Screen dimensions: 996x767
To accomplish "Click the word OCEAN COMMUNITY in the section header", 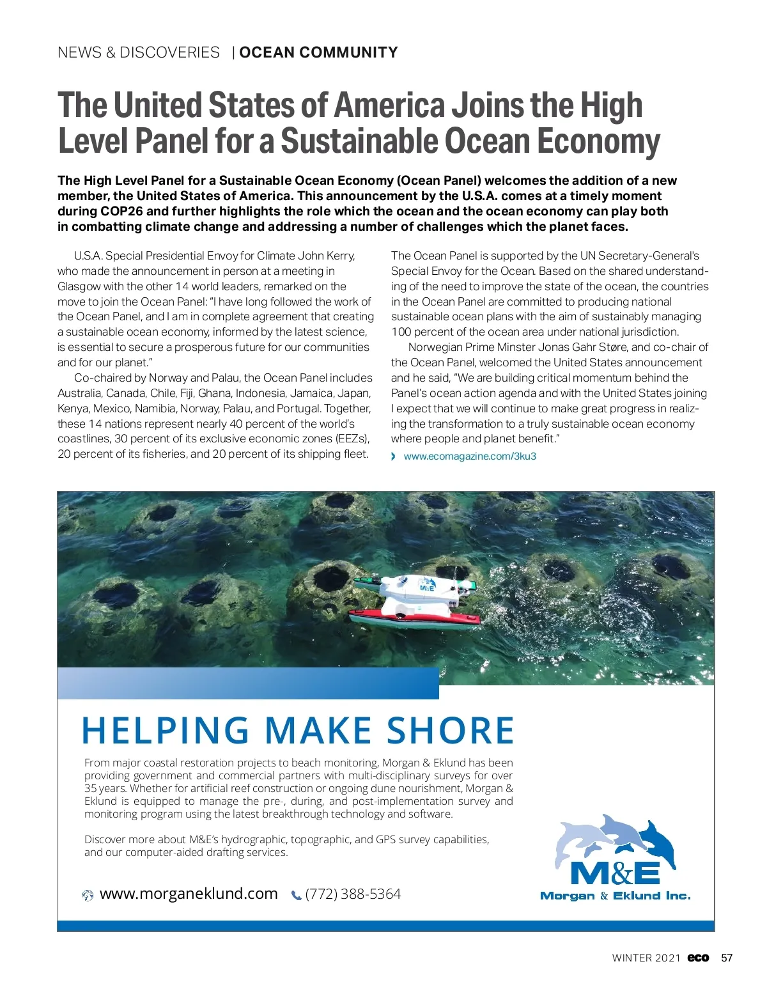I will tap(318, 52).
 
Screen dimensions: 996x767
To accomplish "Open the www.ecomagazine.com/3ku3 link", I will tap(470, 456).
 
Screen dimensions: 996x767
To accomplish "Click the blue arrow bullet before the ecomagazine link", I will tap(394, 456).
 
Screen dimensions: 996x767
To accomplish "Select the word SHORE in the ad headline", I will tap(450, 731).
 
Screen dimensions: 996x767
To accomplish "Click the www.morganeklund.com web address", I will tap(189, 894).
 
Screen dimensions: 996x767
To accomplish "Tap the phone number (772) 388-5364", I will tap(353, 894).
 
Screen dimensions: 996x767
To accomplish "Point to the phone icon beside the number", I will tap(296, 896).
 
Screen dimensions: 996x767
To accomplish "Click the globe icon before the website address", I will tap(88, 896).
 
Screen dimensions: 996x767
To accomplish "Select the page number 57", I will tap(727, 958).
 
